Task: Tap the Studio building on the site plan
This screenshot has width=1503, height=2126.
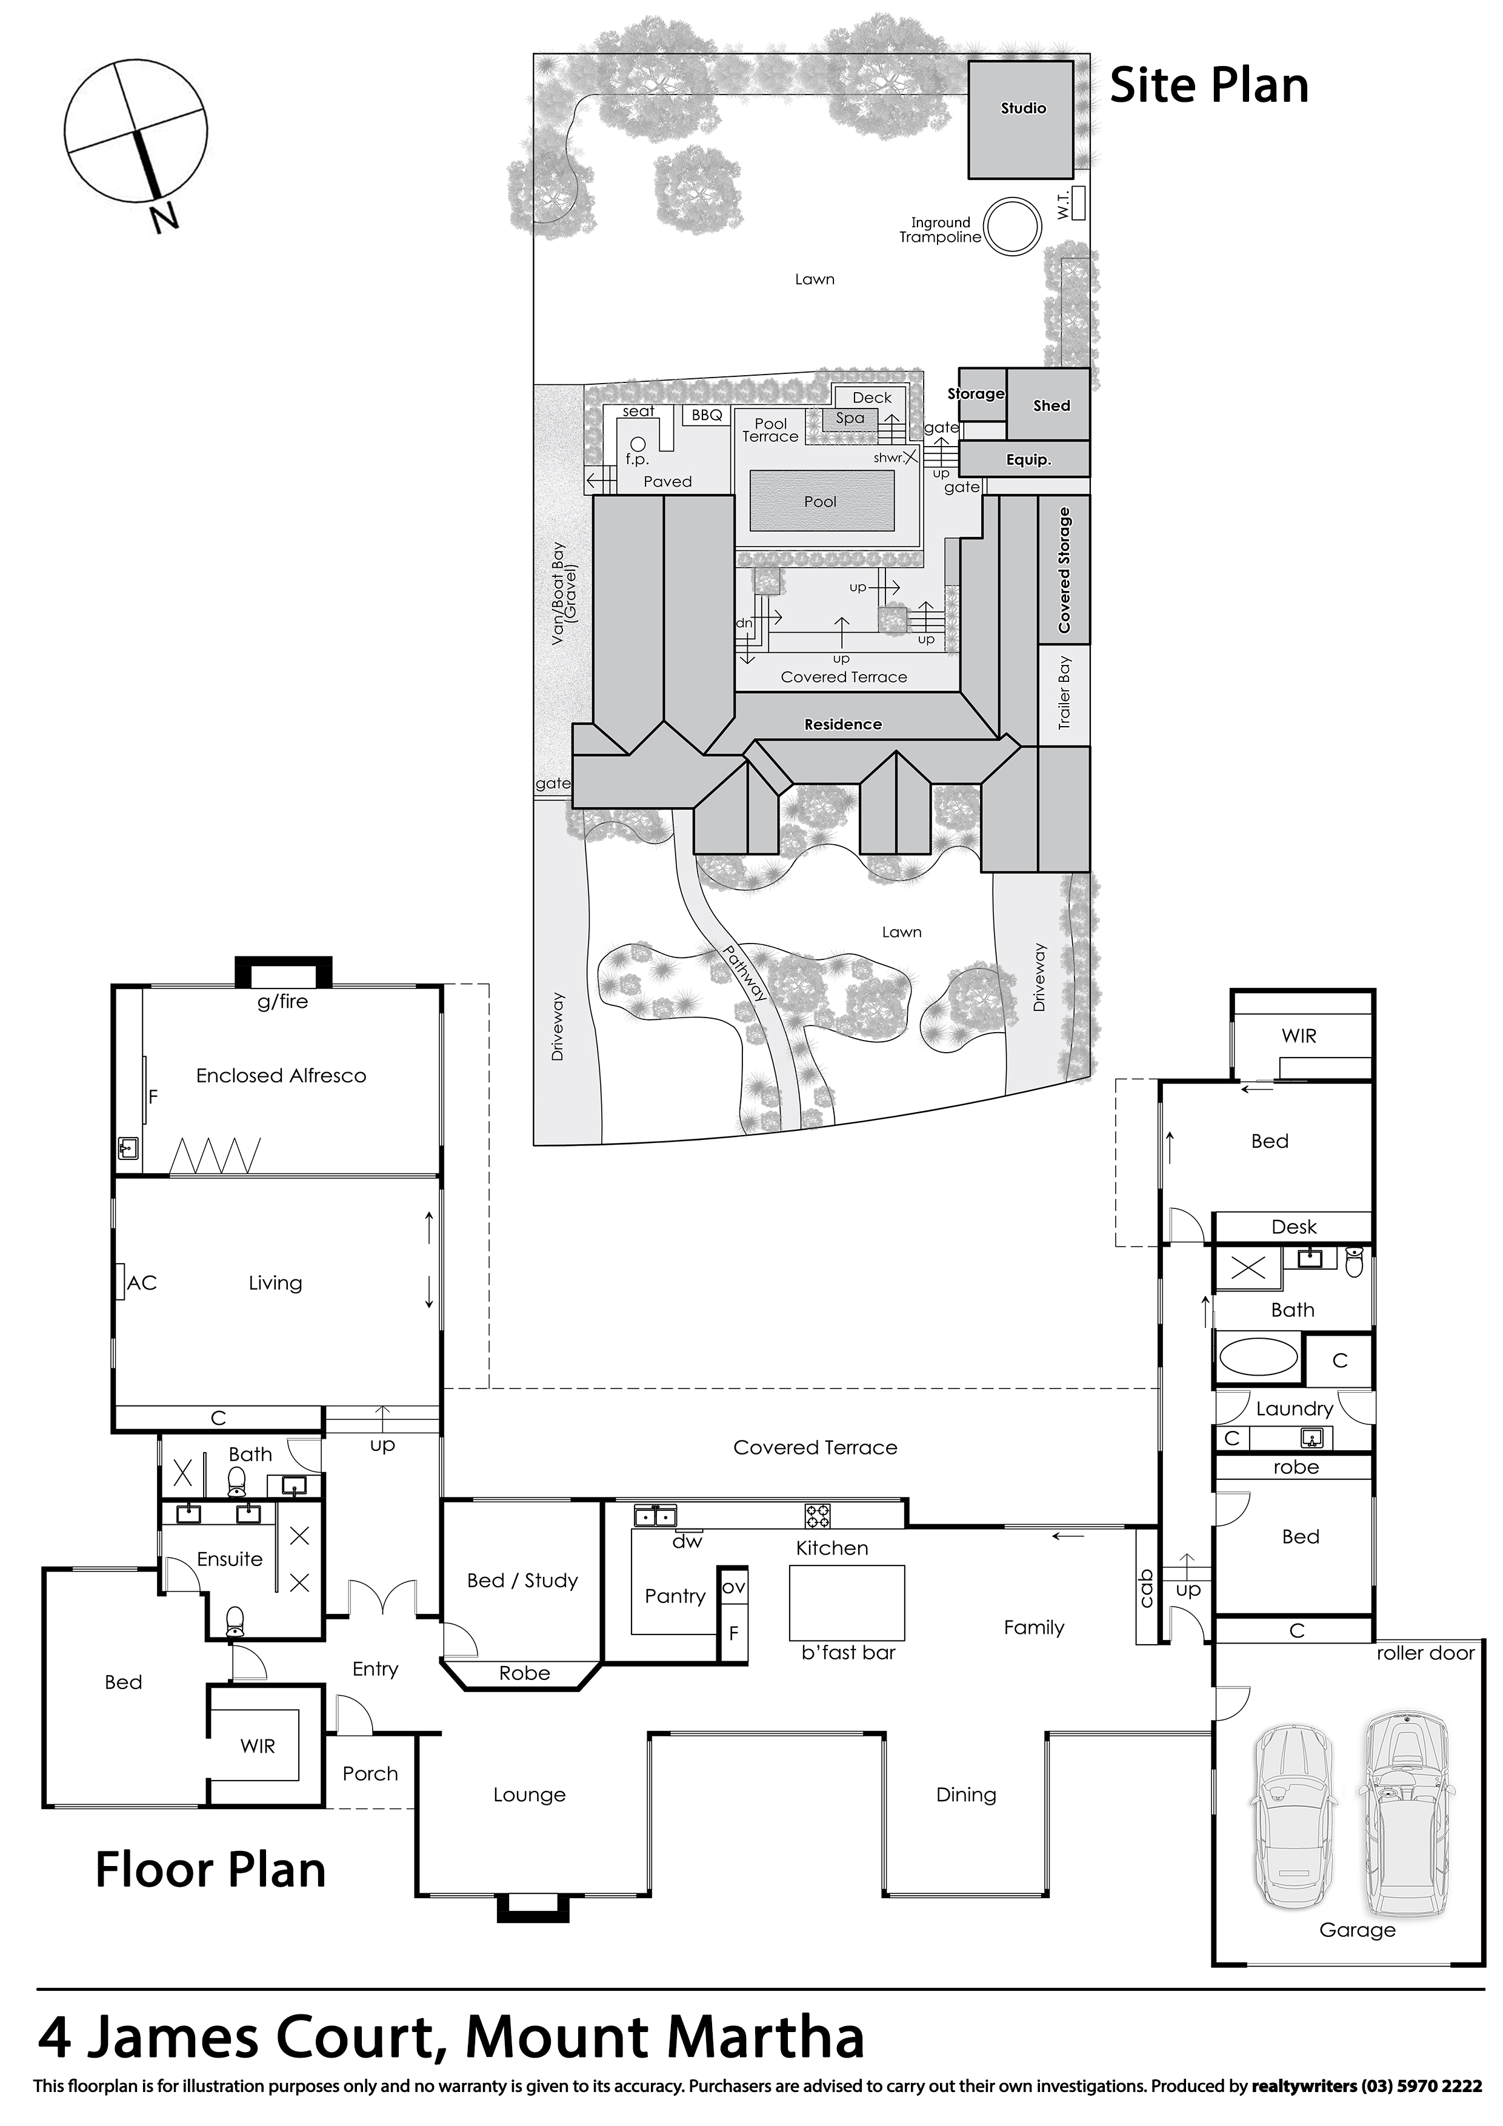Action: [1021, 119]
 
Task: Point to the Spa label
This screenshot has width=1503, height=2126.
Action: [850, 418]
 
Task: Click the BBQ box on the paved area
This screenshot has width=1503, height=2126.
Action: [707, 415]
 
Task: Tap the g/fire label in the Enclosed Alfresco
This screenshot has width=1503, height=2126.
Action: [282, 1002]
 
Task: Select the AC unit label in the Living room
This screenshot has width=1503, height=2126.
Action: [142, 1282]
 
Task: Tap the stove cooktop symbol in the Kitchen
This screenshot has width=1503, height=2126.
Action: [818, 1516]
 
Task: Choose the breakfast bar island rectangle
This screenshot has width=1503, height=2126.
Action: [847, 1602]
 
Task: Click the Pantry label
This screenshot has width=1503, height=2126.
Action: [675, 1596]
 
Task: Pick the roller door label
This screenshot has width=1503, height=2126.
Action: [1425, 1653]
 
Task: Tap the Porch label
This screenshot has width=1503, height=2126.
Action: [370, 1774]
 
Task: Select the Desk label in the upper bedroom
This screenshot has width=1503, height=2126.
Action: [1294, 1227]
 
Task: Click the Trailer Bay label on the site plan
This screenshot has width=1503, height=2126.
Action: [1064, 693]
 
